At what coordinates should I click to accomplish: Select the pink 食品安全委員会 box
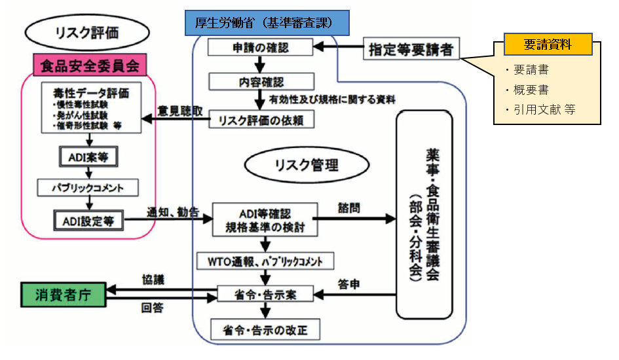89,65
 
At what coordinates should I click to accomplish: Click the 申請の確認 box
261,48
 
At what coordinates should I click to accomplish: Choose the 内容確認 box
260,81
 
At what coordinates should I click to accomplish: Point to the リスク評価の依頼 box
261,120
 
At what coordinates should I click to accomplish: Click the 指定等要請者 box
411,49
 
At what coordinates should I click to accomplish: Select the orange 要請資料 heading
548,45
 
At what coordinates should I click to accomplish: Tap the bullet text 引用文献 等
541,109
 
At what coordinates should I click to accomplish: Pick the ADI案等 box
89,158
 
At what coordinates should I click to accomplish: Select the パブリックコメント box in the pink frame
88,189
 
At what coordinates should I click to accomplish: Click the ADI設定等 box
89,221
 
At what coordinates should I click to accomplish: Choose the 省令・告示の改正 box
265,329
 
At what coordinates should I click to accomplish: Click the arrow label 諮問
350,207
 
